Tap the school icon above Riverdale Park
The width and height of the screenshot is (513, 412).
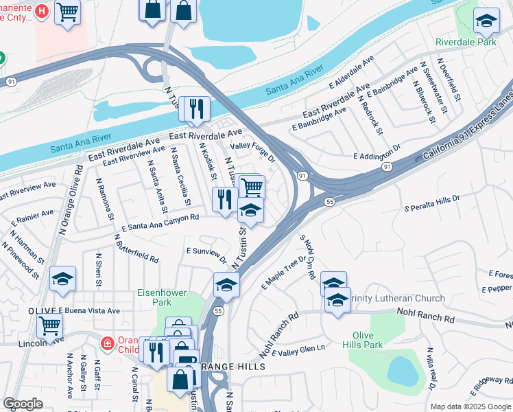point(486,21)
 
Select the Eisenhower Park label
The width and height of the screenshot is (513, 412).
point(162,297)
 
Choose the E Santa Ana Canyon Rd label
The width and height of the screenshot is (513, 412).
point(160,222)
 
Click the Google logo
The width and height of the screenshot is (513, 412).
point(23,404)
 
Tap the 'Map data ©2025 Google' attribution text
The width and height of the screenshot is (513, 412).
point(470,407)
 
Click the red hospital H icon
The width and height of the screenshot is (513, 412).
point(43,11)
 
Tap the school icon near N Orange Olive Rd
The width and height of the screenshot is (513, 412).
point(62,279)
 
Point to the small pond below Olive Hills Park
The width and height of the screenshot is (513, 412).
point(403,371)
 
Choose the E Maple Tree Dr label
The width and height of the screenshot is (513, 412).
point(283,271)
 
